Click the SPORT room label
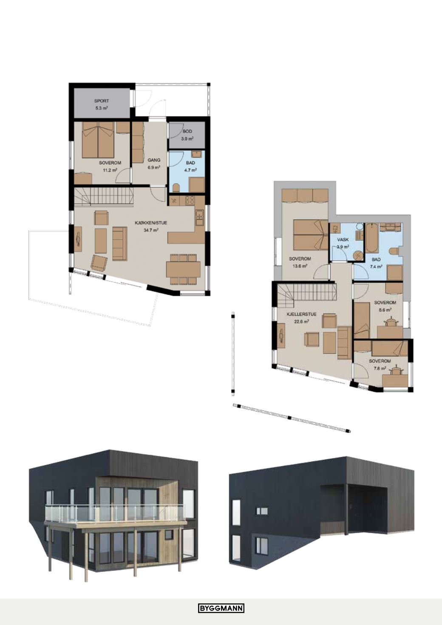[102, 101]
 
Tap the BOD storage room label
[187, 131]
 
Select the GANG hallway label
[154, 160]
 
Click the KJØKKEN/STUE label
[151, 223]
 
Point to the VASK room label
[343, 240]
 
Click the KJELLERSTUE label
[301, 314]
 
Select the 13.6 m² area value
[300, 266]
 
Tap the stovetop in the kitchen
[190, 200]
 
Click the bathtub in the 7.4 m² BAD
[371, 238]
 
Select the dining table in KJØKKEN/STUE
[183, 269]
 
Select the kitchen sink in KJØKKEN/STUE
[199, 218]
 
